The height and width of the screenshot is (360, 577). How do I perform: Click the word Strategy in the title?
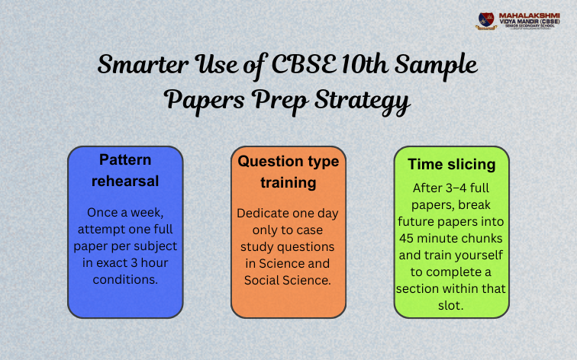click(x=350, y=100)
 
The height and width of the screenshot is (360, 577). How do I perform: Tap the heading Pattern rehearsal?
click(x=125, y=170)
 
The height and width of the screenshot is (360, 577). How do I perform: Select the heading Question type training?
click(x=288, y=172)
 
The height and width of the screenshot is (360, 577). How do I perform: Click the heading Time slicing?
click(x=452, y=164)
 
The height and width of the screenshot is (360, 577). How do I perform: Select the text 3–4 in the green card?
click(x=450, y=188)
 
